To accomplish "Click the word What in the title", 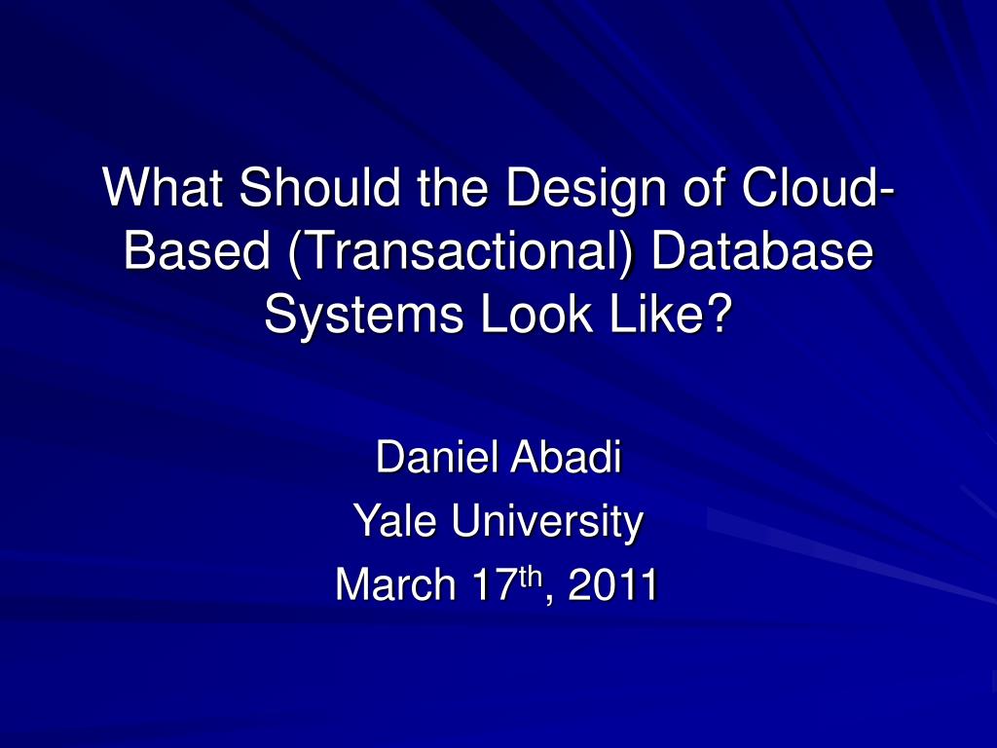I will [163, 188].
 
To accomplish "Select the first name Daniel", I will [435, 458].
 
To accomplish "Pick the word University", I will [544, 521].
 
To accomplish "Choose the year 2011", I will [610, 585].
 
